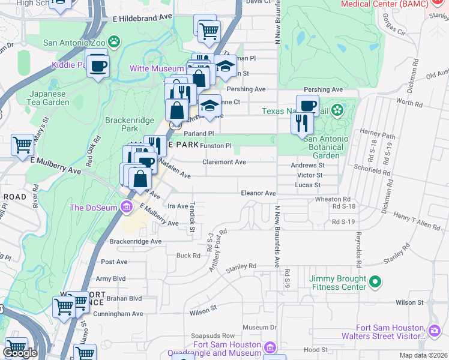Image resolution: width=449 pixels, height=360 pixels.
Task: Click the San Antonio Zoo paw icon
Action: click(x=114, y=42)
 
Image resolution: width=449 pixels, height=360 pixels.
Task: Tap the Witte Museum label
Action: click(x=157, y=69)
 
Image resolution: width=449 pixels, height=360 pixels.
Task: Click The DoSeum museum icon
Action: click(x=126, y=208)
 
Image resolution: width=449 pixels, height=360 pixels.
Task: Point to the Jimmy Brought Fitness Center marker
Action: click(x=375, y=281)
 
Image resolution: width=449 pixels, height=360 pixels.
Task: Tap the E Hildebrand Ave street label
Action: click(x=142, y=19)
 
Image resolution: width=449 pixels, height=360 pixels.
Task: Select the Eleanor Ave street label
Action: click(x=258, y=193)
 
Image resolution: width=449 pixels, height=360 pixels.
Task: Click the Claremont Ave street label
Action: click(x=224, y=162)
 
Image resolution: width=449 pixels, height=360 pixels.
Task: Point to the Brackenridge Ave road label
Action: click(x=136, y=241)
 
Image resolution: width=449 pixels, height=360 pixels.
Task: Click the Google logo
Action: click(x=20, y=353)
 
